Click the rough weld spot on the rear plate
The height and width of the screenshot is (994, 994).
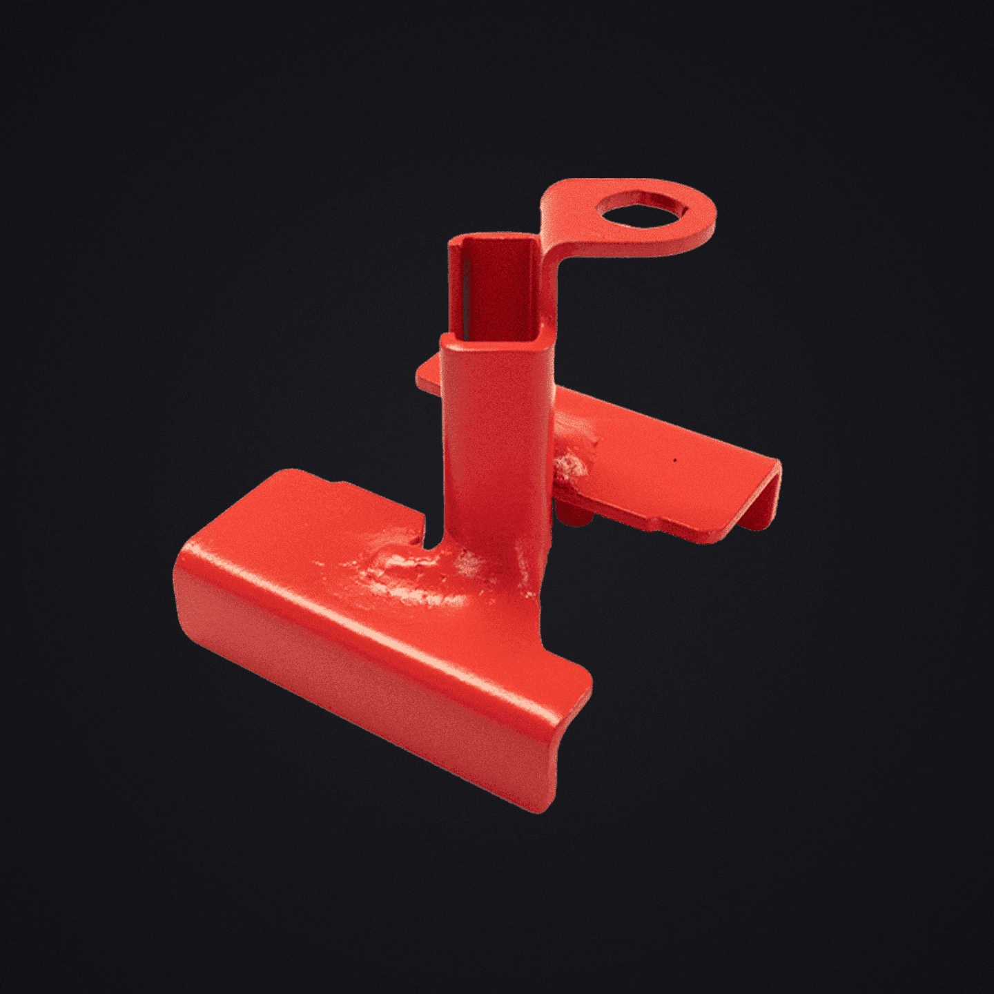(x=572, y=464)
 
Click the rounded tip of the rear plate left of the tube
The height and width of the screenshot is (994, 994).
(x=422, y=376)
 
